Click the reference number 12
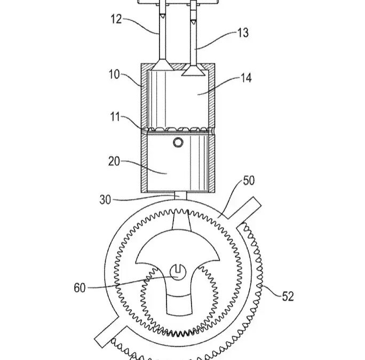pos(116,21)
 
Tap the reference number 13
pos(243,33)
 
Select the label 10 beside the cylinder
pos(114,74)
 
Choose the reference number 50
pos(249,180)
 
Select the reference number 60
pos(80,288)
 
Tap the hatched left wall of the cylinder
pos(144,101)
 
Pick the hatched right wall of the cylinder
pos(212,101)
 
